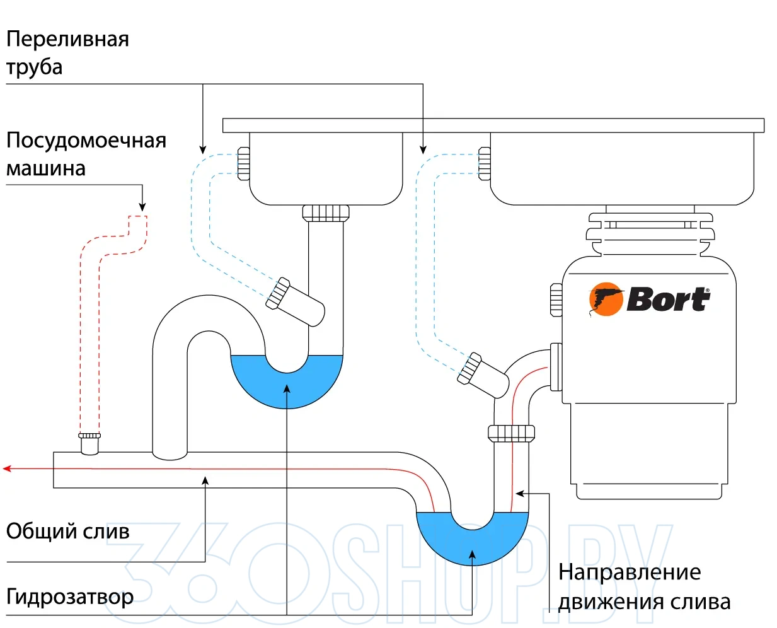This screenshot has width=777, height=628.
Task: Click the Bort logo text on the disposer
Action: point(668,299)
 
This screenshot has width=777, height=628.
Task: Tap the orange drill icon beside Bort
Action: point(605,299)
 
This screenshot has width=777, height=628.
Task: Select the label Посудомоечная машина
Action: point(86,154)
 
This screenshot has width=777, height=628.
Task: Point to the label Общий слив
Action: point(67,531)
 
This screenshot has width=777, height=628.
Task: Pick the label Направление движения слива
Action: point(643,586)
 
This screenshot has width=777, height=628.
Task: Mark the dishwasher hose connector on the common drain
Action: point(89,443)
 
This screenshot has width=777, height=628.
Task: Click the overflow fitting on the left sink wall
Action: point(243,163)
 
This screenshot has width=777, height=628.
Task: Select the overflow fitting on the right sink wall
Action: point(485,163)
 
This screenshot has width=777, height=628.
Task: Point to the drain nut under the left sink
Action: point(326,212)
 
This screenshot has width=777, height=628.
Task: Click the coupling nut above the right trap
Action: point(511,433)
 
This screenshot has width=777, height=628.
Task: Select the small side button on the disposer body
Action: point(556,299)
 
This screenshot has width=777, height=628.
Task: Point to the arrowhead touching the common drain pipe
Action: point(205,480)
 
